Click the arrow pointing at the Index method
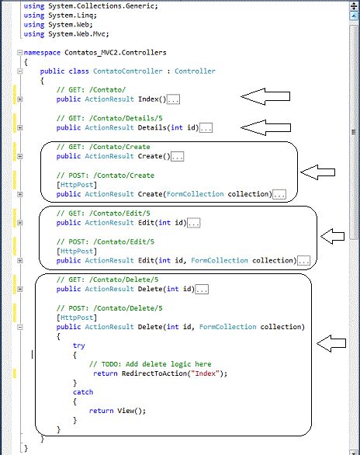tap(265, 96)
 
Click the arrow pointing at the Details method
tap(266, 127)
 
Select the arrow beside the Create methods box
tap(317, 172)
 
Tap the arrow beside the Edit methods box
tap(333, 236)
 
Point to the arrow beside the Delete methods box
tap(331, 343)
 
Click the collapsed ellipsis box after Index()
tap(173, 99)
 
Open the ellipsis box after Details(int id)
tap(206, 127)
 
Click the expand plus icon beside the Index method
tap(19, 99)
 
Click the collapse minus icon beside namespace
tap(19, 53)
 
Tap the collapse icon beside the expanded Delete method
tap(19, 327)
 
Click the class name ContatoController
tap(127, 71)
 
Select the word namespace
tap(42, 53)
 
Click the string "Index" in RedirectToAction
tap(206, 373)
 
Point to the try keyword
tap(79, 346)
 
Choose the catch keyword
tap(83, 392)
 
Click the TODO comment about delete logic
tap(151, 364)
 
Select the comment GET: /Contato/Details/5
tap(109, 118)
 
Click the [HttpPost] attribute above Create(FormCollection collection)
tap(77, 185)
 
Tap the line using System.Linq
tap(61, 16)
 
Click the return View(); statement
tap(117, 411)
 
